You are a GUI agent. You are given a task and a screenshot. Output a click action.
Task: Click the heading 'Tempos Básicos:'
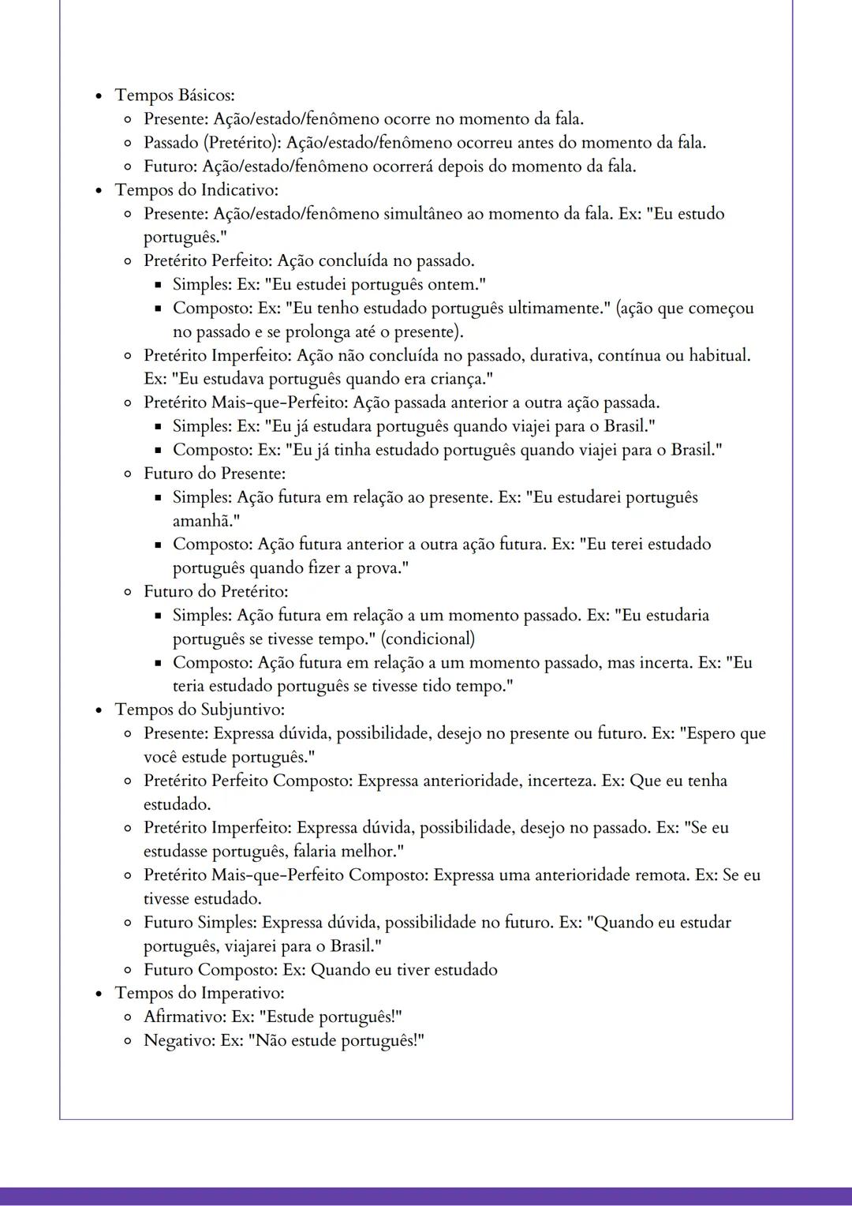[x=174, y=96]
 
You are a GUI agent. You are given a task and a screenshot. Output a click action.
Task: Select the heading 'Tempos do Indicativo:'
[x=196, y=190]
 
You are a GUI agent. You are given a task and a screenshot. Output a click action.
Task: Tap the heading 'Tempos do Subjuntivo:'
[x=200, y=710]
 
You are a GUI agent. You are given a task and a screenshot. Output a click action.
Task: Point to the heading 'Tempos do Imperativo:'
[x=200, y=993]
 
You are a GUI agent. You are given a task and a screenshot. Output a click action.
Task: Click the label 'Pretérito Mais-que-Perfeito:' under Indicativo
[x=245, y=403]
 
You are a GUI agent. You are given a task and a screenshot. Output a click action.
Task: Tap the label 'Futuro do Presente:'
[x=215, y=474]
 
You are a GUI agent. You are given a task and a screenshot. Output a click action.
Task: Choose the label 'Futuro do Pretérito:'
[x=215, y=592]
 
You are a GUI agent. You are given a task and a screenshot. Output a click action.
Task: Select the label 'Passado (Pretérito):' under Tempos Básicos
[x=212, y=143]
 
